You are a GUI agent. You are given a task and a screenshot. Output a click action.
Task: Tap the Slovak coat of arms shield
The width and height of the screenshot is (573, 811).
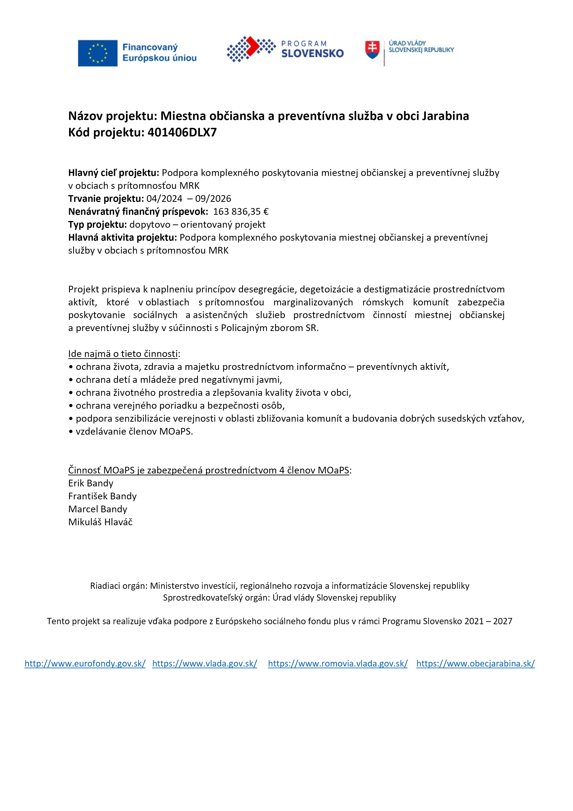372,50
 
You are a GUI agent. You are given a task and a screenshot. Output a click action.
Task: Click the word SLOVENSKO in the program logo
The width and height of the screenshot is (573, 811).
312,54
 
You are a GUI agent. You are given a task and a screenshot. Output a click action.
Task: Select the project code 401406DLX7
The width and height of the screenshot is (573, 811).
182,132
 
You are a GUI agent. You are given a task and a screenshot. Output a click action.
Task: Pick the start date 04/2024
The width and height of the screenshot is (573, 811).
164,199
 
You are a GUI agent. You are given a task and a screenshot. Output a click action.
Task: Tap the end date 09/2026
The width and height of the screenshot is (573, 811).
213,199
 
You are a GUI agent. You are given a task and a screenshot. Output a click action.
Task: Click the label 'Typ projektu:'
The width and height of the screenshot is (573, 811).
98,225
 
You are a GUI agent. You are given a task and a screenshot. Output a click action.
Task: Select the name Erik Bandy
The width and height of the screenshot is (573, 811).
91,483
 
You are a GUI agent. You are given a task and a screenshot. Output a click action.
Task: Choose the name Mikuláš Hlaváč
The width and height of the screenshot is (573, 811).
100,522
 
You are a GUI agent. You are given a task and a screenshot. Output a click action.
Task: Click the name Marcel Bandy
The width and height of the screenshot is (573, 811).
98,509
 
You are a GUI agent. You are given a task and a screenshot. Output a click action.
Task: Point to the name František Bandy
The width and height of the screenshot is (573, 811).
102,496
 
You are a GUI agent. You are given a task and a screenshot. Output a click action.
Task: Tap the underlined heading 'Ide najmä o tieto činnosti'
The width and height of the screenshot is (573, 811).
123,354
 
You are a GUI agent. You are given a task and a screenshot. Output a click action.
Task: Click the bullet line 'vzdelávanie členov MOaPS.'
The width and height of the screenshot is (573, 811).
134,432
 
